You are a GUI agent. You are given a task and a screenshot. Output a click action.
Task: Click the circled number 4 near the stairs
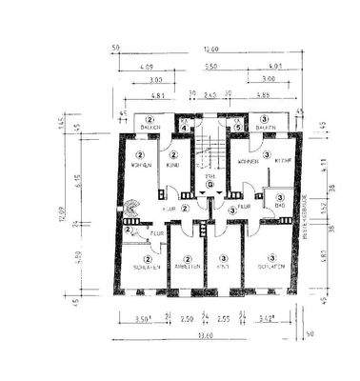[185, 121]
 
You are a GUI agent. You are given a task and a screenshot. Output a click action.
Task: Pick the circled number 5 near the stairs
[237, 121]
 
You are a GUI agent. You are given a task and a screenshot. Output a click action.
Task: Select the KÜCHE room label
[283, 163]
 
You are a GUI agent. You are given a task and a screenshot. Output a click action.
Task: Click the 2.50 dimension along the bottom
[188, 319]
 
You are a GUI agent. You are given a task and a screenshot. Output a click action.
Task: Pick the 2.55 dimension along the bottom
[223, 319]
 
